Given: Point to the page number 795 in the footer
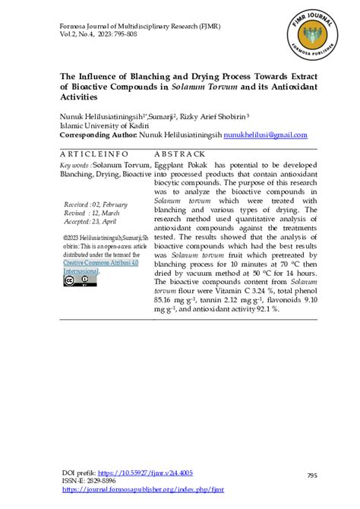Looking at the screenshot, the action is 311,454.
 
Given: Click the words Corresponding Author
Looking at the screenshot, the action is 98,134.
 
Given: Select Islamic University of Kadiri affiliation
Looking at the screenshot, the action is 96,126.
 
